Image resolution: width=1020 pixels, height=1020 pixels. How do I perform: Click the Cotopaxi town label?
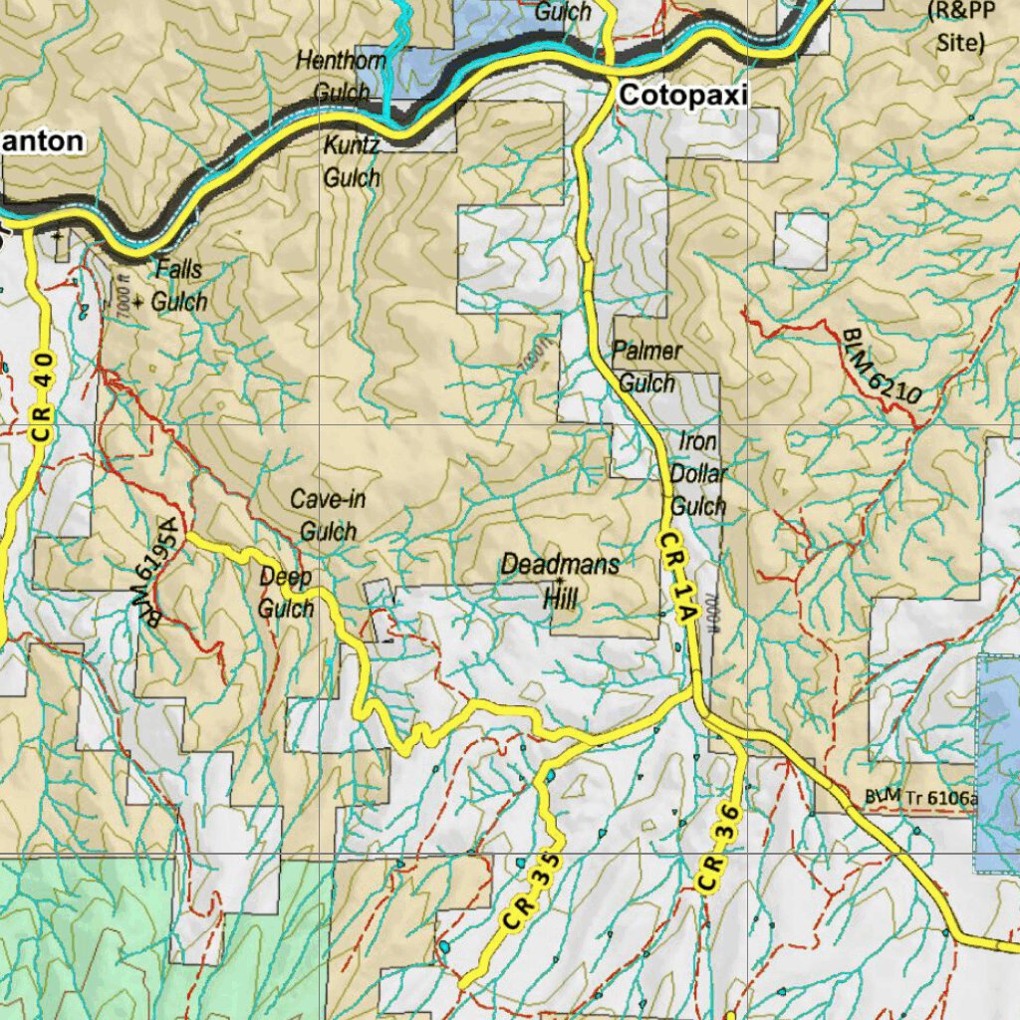coord(682,95)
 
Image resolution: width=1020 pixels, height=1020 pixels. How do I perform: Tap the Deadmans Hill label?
coord(559,580)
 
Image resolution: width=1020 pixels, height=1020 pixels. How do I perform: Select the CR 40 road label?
coord(42,397)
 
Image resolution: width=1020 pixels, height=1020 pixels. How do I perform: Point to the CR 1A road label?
coord(675,578)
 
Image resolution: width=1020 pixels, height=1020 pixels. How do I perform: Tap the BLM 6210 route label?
coord(881,367)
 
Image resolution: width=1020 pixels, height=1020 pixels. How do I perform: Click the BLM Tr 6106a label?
coord(921,796)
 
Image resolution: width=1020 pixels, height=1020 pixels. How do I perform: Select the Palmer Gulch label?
coord(647,367)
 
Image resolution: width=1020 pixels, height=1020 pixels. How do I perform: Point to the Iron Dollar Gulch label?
coord(698,473)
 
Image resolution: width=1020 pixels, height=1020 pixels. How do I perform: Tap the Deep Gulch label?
coord(286,592)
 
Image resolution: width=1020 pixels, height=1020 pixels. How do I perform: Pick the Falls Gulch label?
coord(179,285)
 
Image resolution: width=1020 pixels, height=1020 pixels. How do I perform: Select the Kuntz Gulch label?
coord(352,161)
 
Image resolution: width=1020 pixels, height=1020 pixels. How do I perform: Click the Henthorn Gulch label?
coord(341,76)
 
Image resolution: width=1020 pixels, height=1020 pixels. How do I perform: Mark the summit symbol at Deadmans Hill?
coord(559,581)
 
